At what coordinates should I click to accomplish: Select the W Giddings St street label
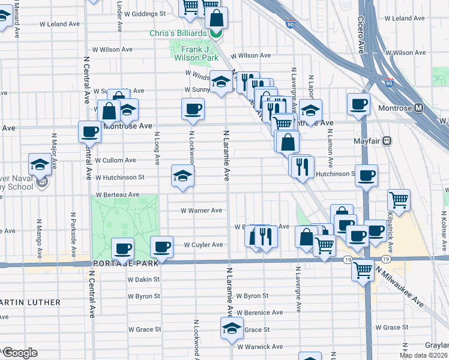(145, 13)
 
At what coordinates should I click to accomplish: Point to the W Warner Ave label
(202, 211)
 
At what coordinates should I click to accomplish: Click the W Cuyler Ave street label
(203, 245)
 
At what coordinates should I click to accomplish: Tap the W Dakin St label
(143, 279)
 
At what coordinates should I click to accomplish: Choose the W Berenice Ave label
(259, 313)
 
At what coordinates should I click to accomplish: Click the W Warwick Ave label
(260, 347)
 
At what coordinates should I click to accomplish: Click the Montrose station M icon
(419, 109)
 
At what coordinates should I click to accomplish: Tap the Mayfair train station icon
(387, 141)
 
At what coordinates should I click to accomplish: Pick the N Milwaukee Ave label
(400, 288)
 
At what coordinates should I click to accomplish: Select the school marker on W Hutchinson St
(183, 176)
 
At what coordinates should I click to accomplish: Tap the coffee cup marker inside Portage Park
(123, 248)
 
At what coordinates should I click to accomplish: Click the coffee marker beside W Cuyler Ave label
(161, 246)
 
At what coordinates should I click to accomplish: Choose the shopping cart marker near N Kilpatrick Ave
(399, 200)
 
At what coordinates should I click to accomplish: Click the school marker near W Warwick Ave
(232, 328)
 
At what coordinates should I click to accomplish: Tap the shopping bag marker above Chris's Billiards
(216, 17)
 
